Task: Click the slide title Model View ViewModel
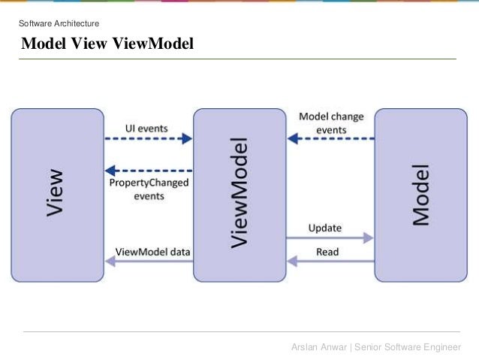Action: pos(107,44)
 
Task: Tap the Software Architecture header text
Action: pos(59,23)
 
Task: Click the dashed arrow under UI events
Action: pos(148,139)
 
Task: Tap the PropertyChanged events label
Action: pos(149,189)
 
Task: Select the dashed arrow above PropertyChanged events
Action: pos(148,170)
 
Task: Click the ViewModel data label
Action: pos(152,252)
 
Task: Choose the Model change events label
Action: pos(331,123)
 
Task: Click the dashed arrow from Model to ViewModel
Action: pos(330,139)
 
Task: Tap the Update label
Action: pos(324,227)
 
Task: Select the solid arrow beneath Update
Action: pos(330,237)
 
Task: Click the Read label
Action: pos(327,252)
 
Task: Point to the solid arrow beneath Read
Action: pos(330,262)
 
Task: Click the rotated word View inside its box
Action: pos(55,193)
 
